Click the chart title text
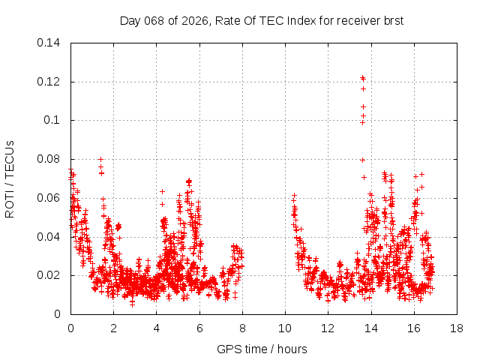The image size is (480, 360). point(262,20)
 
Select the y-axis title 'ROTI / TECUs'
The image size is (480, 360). point(10,178)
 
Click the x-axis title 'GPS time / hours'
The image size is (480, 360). point(262,349)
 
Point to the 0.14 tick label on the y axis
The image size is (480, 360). point(49,43)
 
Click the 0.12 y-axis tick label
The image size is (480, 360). point(49,82)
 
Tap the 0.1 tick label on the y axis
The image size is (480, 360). point(52,120)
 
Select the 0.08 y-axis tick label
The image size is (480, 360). point(49,159)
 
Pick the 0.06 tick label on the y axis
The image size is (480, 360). point(49,198)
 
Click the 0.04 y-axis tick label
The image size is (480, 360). point(49,237)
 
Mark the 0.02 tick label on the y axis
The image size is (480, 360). point(49,275)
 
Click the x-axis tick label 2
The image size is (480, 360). point(113,328)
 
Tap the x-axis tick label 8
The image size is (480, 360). point(242,328)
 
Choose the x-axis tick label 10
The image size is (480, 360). point(285,328)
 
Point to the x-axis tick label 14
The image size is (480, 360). point(370,328)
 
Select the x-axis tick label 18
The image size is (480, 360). point(456,328)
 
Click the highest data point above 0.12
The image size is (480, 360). point(362,77)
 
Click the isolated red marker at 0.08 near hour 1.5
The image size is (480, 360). point(100,159)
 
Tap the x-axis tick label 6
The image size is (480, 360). point(199,328)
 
